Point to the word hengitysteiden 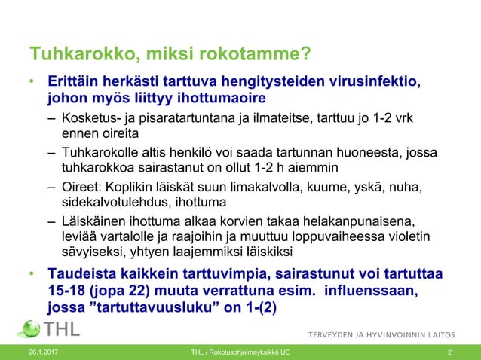250,81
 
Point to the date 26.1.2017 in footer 43,352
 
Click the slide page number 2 449,352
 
